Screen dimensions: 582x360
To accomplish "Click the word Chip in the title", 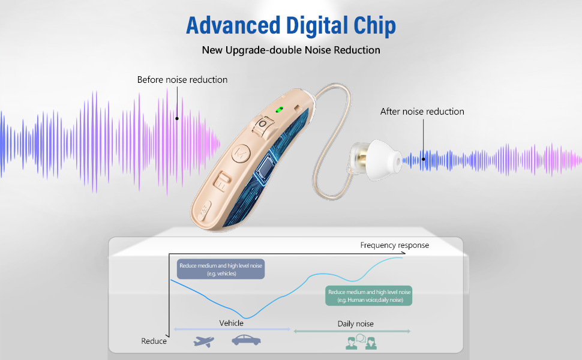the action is [x=374, y=26].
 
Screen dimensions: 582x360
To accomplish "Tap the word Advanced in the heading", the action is [x=233, y=25].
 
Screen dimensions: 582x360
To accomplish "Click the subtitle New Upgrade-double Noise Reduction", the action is [x=291, y=50].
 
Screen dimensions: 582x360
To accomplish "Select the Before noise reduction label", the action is [x=182, y=80].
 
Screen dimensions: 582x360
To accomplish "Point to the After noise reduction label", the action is [x=422, y=112].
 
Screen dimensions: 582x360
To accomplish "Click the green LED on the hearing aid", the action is [x=279, y=110].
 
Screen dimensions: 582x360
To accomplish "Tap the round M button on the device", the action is [x=241, y=153].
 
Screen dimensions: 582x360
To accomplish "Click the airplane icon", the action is [x=204, y=341].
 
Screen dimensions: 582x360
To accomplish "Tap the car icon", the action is [x=246, y=340].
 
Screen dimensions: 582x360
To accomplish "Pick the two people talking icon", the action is [x=361, y=342].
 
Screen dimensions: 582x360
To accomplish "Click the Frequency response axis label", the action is [x=395, y=245].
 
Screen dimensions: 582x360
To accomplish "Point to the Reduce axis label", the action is [x=154, y=341].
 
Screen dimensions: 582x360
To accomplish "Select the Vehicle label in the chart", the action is [x=231, y=323].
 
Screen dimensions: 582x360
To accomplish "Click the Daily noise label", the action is [x=356, y=323].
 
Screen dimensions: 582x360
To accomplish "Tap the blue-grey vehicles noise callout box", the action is [x=221, y=269].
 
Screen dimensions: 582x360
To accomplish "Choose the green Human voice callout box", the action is [x=369, y=296].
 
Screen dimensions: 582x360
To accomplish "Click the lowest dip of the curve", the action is [x=247, y=318].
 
